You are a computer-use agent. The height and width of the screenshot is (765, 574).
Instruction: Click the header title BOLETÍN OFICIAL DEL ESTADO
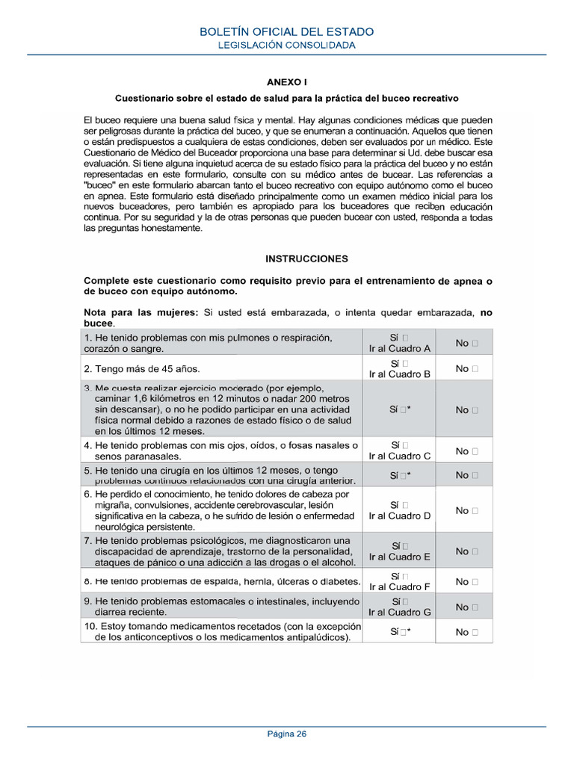[287, 31]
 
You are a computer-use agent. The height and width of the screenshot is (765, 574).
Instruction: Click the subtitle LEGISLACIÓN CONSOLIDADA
[287, 45]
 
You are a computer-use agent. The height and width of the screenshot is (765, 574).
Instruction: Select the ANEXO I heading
[287, 82]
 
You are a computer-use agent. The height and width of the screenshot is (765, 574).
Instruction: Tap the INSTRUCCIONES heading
[306, 258]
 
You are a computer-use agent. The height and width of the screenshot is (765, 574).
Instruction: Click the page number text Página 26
[287, 733]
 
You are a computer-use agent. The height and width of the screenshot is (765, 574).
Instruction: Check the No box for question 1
[475, 344]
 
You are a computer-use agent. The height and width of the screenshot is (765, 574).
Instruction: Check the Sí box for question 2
[405, 363]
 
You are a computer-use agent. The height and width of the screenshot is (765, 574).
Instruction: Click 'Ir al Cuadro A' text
[400, 349]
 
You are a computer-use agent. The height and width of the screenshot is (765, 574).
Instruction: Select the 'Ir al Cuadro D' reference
[400, 516]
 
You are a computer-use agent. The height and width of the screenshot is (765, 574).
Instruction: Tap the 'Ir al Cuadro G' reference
[400, 613]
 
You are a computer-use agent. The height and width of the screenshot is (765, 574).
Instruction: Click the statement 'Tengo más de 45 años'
[142, 369]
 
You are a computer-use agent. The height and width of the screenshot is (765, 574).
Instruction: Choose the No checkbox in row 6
[475, 511]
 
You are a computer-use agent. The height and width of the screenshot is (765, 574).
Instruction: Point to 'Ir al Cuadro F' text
[400, 587]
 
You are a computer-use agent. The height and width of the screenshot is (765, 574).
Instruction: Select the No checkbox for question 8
[475, 582]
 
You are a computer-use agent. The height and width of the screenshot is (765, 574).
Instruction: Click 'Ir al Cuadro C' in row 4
[400, 456]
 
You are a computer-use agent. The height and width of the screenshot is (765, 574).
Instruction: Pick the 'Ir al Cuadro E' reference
[400, 557]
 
